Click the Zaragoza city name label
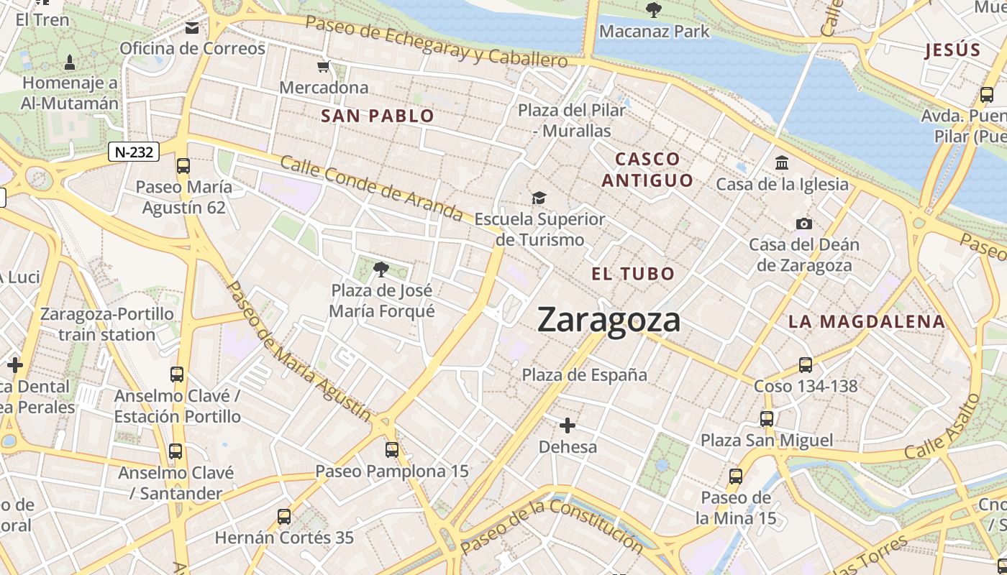(x=609, y=320)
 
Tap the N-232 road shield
(x=134, y=152)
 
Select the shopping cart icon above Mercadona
(x=323, y=67)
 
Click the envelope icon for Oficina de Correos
(x=192, y=28)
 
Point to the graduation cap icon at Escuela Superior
(x=539, y=198)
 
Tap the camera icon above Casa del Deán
(x=804, y=224)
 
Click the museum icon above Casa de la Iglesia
(x=782, y=163)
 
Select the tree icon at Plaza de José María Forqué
(x=381, y=270)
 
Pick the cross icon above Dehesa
(x=568, y=425)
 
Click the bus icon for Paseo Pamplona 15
(x=392, y=450)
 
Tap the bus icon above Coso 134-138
(x=806, y=365)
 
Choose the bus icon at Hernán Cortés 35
(x=284, y=516)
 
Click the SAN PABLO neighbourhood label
(x=378, y=116)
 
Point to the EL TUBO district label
(x=633, y=273)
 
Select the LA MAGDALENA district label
(x=866, y=321)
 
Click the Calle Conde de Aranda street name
(x=371, y=188)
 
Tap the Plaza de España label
(x=584, y=374)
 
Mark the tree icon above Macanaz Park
(x=654, y=10)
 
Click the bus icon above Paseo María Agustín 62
(x=183, y=166)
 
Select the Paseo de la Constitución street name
(x=552, y=526)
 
